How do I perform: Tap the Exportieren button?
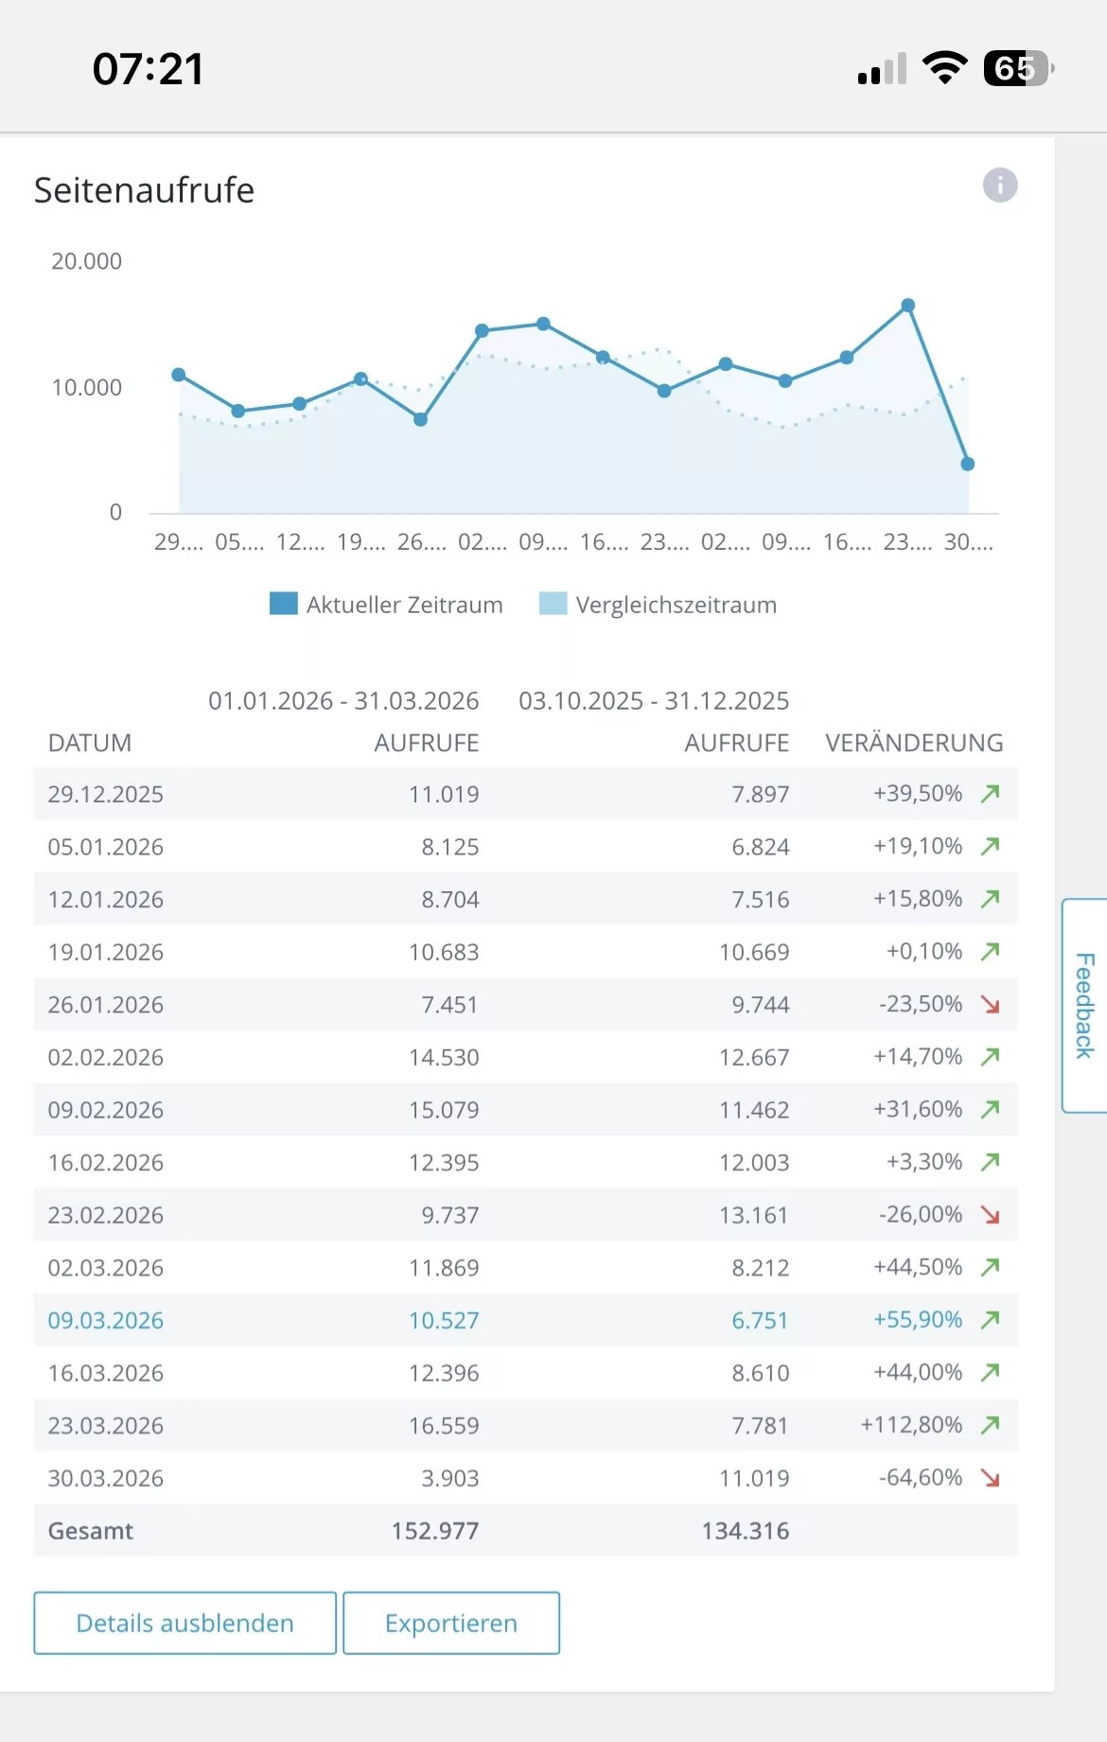pos(450,1623)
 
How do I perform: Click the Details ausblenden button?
pos(184,1623)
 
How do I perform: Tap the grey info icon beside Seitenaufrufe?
pos(999,185)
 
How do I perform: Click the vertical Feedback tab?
pos(1084,1005)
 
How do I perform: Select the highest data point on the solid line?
pos(907,306)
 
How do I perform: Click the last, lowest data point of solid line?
pos(967,464)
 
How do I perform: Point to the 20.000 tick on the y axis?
pos(86,261)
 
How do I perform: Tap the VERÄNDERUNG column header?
pos(913,743)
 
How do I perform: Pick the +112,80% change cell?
pos(910,1425)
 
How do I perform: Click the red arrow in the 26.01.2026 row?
pos(990,1005)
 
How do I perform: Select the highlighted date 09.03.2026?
pos(106,1320)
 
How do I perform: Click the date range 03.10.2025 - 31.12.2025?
pos(653,701)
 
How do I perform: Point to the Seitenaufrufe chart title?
pos(144,190)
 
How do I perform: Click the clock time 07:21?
pos(148,69)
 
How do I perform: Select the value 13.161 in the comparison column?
pos(753,1215)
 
